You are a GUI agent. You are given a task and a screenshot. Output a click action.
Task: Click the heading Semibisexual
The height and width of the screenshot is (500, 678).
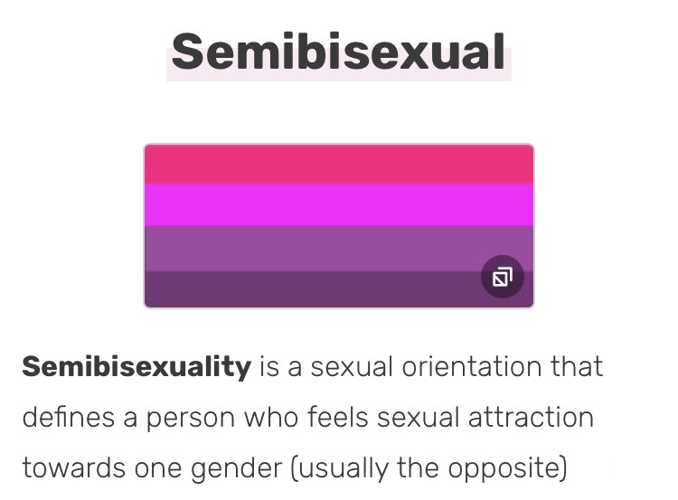pos(339,52)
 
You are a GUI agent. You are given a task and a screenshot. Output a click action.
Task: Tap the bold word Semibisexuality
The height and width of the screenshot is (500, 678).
pos(137,367)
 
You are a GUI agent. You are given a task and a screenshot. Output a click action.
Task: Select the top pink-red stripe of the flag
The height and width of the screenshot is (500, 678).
pos(339,165)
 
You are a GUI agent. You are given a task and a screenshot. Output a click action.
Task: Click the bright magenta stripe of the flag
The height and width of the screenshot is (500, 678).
pos(339,205)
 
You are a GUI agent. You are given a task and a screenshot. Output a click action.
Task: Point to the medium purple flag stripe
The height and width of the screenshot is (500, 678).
pos(339,249)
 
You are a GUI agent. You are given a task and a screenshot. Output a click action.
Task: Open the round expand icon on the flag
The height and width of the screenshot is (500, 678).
pos(503,277)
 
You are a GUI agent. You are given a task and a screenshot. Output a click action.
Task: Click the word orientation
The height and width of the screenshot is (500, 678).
pos(471,367)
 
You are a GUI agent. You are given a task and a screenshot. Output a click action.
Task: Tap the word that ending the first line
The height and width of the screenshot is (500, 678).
pos(577,367)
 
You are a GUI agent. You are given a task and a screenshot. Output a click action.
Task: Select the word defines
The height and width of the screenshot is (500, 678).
pos(69,418)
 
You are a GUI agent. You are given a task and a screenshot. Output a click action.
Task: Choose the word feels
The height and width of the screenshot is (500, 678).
pos(338,418)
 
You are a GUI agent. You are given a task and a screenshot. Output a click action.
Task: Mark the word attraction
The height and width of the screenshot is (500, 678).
pos(531,418)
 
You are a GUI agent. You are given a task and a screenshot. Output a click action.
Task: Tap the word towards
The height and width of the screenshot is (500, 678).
pos(73,468)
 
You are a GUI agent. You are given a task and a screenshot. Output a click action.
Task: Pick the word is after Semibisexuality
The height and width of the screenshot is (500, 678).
pos(269,367)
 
